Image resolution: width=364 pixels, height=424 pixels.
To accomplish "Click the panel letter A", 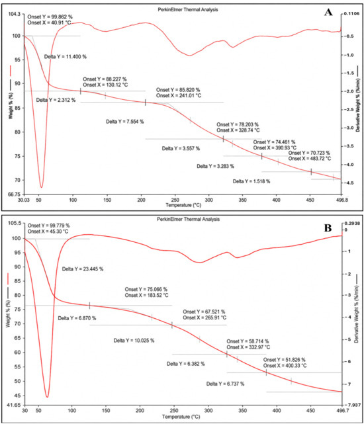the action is (x=328, y=12).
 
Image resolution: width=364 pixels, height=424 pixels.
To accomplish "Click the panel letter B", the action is (x=328, y=228).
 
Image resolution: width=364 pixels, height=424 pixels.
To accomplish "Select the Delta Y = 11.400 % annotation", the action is (x=66, y=57).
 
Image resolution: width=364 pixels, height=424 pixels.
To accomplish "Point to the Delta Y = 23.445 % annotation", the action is (x=83, y=269).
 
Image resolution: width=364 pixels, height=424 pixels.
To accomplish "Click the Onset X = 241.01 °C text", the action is (x=179, y=96).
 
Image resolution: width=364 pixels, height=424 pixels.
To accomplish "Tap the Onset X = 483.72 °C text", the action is (x=309, y=159).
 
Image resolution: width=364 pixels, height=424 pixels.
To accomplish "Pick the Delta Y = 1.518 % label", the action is (x=251, y=181).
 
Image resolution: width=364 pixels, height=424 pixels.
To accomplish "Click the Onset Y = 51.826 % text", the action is (x=284, y=360).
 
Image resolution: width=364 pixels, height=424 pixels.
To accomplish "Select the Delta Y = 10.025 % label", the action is (x=134, y=341).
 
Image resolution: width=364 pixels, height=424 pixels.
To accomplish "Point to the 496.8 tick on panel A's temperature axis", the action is (x=341, y=200).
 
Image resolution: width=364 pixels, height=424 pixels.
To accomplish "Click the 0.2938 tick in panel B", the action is (x=352, y=224).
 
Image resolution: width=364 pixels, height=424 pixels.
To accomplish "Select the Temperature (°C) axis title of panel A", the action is (x=183, y=205).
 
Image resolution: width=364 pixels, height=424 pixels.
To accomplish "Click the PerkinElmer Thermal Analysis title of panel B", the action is (x=188, y=220).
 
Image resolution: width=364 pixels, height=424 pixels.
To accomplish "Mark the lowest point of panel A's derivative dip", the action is (x=41, y=187).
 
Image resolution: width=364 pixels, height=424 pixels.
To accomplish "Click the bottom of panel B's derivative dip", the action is (x=48, y=397).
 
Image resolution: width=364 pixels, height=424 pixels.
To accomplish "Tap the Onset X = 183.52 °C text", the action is (x=146, y=295).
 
